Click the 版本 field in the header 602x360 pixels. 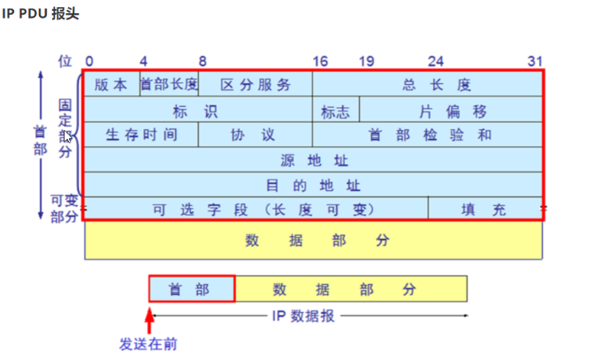(110, 85)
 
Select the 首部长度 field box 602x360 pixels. (169, 85)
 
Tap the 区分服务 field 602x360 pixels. (255, 85)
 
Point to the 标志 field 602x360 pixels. (335, 111)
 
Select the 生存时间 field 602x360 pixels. (141, 135)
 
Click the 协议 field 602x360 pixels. (254, 135)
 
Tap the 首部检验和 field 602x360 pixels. (428, 135)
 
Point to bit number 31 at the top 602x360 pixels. (535, 61)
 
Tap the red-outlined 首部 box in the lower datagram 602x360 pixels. (191, 289)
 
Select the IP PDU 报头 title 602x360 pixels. (41, 15)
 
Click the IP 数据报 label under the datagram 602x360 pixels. (303, 316)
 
